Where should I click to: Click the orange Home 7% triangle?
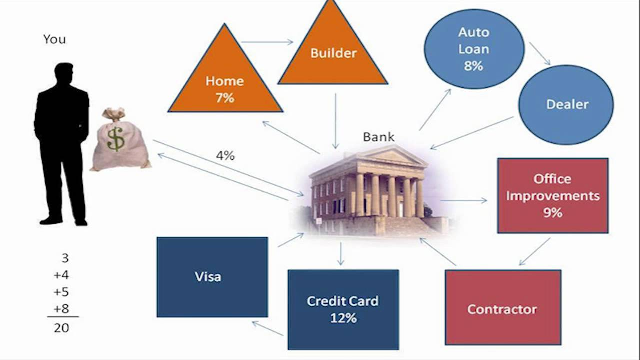pos(225,85)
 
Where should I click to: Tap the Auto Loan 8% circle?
pos(474,49)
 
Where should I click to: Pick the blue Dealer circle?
pos(567,104)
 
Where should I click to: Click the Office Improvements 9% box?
pos(553,196)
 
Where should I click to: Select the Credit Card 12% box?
pos(343,309)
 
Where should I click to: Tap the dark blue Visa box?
pos(212,277)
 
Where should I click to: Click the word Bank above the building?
pos(378,137)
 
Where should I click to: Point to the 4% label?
pos(225,156)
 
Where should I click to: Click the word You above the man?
pos(54,39)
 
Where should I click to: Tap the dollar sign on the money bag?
pos(116,139)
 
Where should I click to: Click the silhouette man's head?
pos(64,75)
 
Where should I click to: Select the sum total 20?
pos(62,328)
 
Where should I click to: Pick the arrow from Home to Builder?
pos(267,42)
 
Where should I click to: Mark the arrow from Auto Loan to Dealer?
pos(540,53)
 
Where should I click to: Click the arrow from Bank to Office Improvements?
pos(463,200)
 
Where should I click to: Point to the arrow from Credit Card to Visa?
pos(268,328)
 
